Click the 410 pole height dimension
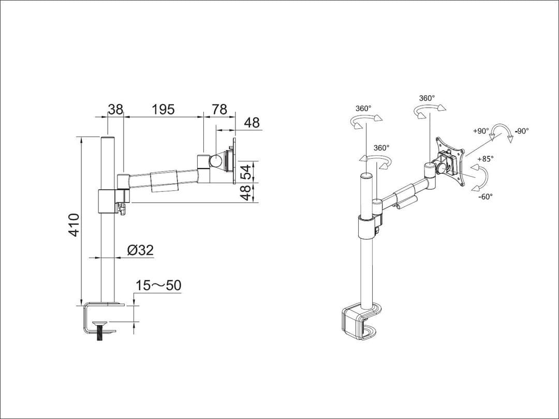(74, 225)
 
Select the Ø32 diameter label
(140, 250)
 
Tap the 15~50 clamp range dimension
(158, 286)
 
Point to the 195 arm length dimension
(163, 110)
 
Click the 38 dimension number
(115, 110)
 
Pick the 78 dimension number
(219, 110)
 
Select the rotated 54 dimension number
(247, 171)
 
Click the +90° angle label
(481, 131)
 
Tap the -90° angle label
(522, 131)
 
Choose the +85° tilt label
(485, 159)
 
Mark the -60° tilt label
(485, 196)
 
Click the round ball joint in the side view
(214, 161)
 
